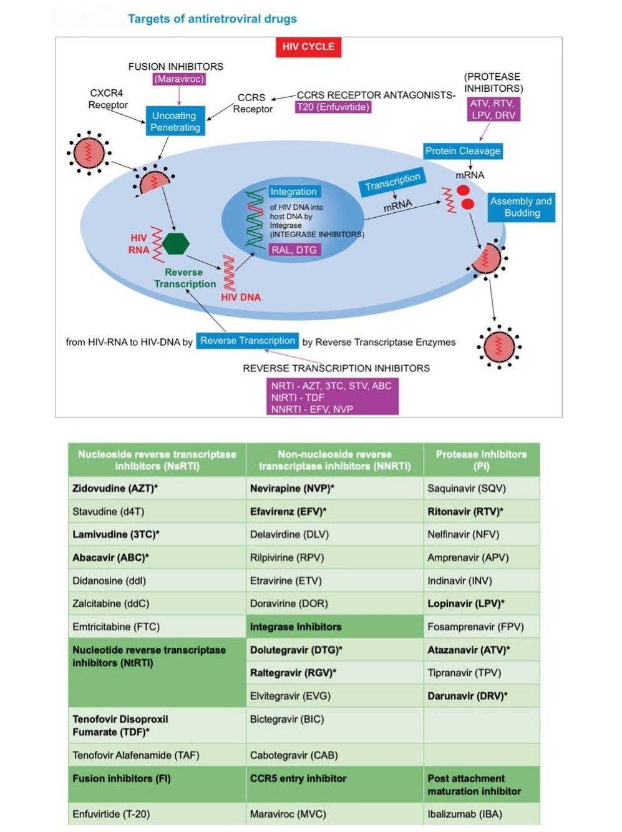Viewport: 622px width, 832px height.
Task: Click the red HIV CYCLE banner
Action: [x=308, y=47]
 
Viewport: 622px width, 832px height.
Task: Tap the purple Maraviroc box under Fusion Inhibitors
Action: [x=179, y=79]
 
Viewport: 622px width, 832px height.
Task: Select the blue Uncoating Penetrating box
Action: [x=175, y=121]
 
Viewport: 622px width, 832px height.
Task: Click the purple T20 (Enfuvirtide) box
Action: [x=333, y=107]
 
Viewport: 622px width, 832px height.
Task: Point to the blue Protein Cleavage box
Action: [x=463, y=151]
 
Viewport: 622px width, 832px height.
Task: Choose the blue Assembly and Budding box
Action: [x=521, y=207]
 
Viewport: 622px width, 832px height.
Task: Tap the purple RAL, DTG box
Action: [x=294, y=250]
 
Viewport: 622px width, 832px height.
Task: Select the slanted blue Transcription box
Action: [x=392, y=182]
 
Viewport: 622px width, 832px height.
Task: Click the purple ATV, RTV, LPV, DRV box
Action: [x=493, y=109]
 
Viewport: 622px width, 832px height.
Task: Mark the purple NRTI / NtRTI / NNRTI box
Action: [x=332, y=397]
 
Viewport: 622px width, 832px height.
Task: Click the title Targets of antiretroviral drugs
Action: [x=212, y=19]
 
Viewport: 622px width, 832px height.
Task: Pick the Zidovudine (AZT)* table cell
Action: [x=115, y=488]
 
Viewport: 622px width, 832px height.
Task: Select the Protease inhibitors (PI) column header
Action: [x=481, y=460]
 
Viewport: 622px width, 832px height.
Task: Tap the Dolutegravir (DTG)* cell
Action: [x=296, y=650]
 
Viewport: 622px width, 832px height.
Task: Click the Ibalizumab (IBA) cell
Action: [x=465, y=814]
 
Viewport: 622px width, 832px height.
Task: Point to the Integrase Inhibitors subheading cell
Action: [x=296, y=627]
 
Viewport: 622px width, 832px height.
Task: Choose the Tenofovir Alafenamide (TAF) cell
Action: [x=136, y=755]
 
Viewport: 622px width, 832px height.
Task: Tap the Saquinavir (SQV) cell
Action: [x=467, y=488]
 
